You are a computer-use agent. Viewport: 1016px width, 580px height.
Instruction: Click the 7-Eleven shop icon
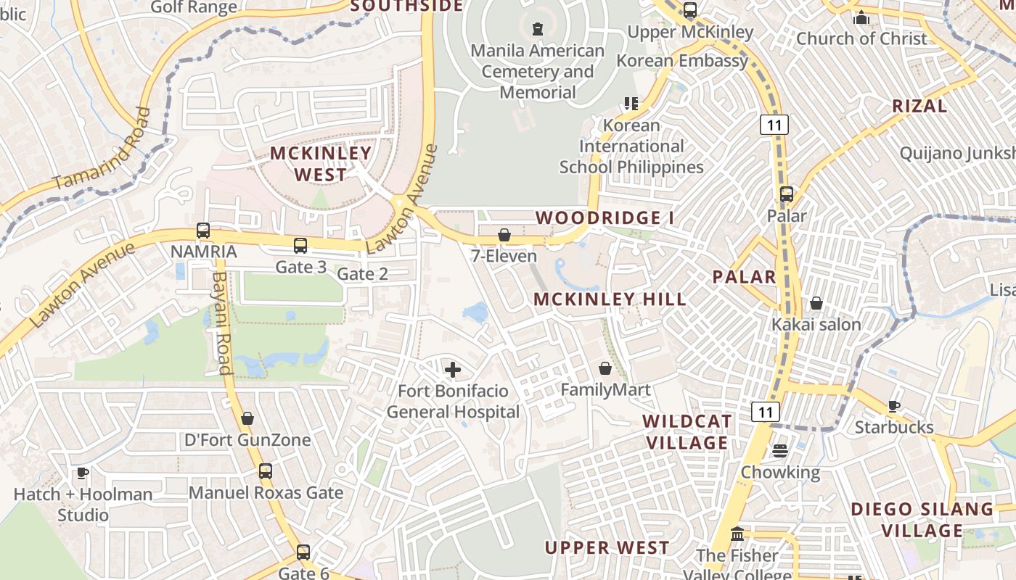click(504, 236)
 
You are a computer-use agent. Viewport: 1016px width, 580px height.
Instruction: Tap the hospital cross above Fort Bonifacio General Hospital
click(452, 370)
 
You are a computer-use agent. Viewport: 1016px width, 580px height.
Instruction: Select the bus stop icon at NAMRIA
click(203, 231)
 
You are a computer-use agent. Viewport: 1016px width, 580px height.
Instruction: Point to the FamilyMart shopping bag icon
click(605, 369)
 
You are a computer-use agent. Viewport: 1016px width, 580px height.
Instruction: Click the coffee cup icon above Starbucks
click(893, 406)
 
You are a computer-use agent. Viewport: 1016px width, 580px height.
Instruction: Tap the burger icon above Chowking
click(780, 451)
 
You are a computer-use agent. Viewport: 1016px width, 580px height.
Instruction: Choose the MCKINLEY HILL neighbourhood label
click(610, 299)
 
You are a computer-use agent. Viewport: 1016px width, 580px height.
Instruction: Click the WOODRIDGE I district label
click(605, 217)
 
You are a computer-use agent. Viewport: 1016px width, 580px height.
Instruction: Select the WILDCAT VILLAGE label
click(687, 432)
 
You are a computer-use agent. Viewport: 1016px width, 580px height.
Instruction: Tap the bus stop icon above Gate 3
click(300, 246)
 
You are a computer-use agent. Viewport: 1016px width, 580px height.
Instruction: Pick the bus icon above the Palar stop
click(787, 194)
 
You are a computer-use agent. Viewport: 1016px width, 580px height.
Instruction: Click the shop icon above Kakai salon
click(816, 303)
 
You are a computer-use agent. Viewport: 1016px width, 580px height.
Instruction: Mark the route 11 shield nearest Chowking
click(766, 412)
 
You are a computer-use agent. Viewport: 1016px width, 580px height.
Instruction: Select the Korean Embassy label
click(682, 60)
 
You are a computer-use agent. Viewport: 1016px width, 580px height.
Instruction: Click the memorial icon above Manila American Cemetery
click(537, 29)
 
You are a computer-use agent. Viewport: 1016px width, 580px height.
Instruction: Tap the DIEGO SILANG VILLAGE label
click(922, 519)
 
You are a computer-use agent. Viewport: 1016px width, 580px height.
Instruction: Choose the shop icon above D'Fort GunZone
click(247, 418)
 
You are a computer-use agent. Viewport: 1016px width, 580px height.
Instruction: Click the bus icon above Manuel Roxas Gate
click(266, 471)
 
